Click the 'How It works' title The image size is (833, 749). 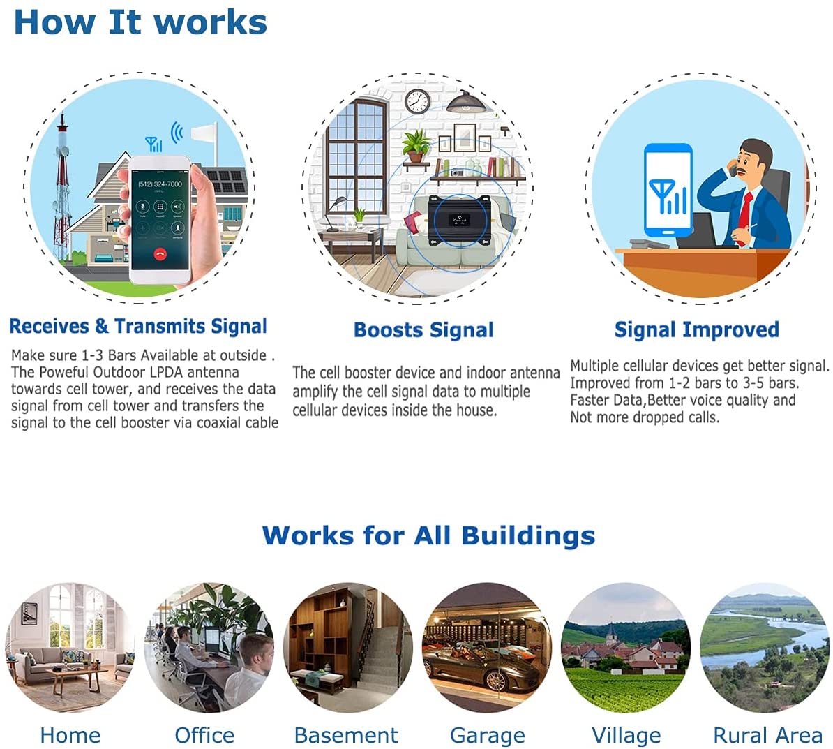140,22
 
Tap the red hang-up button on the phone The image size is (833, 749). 160,254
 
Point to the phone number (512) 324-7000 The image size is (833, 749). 160,184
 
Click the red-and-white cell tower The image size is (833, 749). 62,186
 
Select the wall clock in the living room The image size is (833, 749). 417,101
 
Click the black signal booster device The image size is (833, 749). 459,221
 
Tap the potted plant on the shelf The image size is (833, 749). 416,146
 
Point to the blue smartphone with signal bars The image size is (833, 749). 668,191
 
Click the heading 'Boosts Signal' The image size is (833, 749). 423,330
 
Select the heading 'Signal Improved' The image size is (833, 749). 696,329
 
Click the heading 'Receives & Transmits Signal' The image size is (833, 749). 138,326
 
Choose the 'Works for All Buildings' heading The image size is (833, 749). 429,535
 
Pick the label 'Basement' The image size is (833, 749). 346,736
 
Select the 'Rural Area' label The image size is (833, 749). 767,736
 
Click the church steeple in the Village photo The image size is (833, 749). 613,632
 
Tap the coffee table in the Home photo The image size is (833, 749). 77,678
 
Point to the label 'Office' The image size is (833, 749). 204,736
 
